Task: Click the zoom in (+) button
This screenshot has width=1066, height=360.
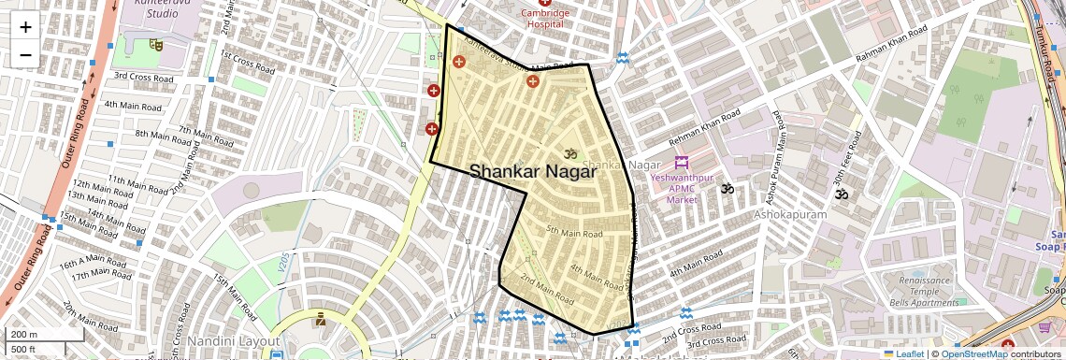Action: click(x=25, y=26)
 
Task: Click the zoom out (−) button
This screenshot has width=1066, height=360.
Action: click(x=25, y=54)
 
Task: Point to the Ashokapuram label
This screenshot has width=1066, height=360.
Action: click(x=791, y=214)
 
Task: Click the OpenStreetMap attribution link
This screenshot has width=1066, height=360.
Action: click(x=973, y=353)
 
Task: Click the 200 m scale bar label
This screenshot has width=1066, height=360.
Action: click(x=24, y=334)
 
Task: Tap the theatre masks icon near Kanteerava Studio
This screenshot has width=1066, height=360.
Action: click(x=156, y=43)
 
